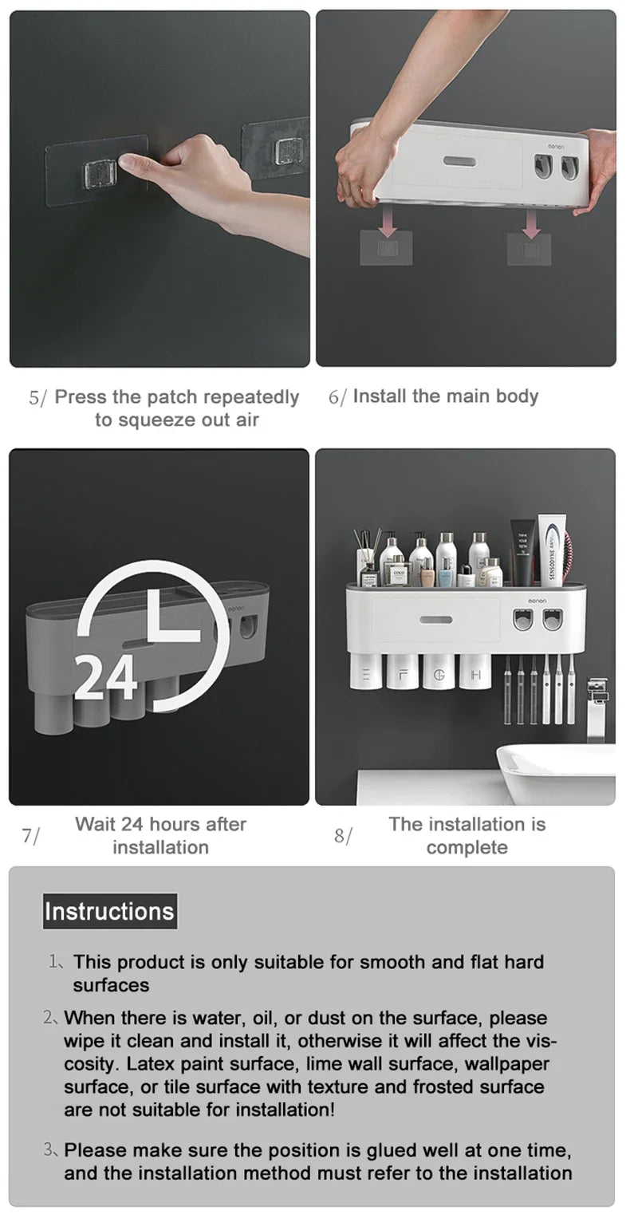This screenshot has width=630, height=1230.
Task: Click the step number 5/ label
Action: (x=37, y=398)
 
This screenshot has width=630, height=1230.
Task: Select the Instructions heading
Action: (x=109, y=911)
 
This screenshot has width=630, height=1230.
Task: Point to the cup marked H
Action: (x=476, y=672)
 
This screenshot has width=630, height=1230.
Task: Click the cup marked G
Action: (x=439, y=672)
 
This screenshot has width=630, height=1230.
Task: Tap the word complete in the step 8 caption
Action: (x=467, y=847)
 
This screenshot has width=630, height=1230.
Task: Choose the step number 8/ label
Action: (x=342, y=836)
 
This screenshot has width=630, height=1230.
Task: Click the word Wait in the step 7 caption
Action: (x=96, y=824)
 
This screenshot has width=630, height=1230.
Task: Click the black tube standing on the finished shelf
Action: (x=522, y=553)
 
